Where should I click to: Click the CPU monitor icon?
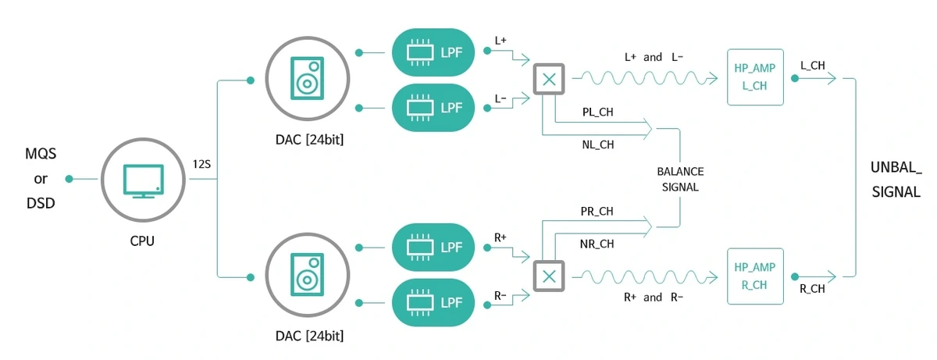tap(143, 180)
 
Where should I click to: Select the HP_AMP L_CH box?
tap(754, 77)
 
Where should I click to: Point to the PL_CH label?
tap(597, 112)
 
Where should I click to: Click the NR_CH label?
tap(597, 244)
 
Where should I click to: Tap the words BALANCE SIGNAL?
tap(679, 179)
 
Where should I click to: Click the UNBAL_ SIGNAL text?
tap(896, 179)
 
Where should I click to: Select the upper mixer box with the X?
tap(549, 78)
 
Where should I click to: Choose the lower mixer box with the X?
tap(549, 276)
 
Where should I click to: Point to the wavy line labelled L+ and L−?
tap(644, 77)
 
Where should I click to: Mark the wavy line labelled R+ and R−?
tap(644, 276)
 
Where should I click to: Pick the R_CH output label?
tap(813, 288)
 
